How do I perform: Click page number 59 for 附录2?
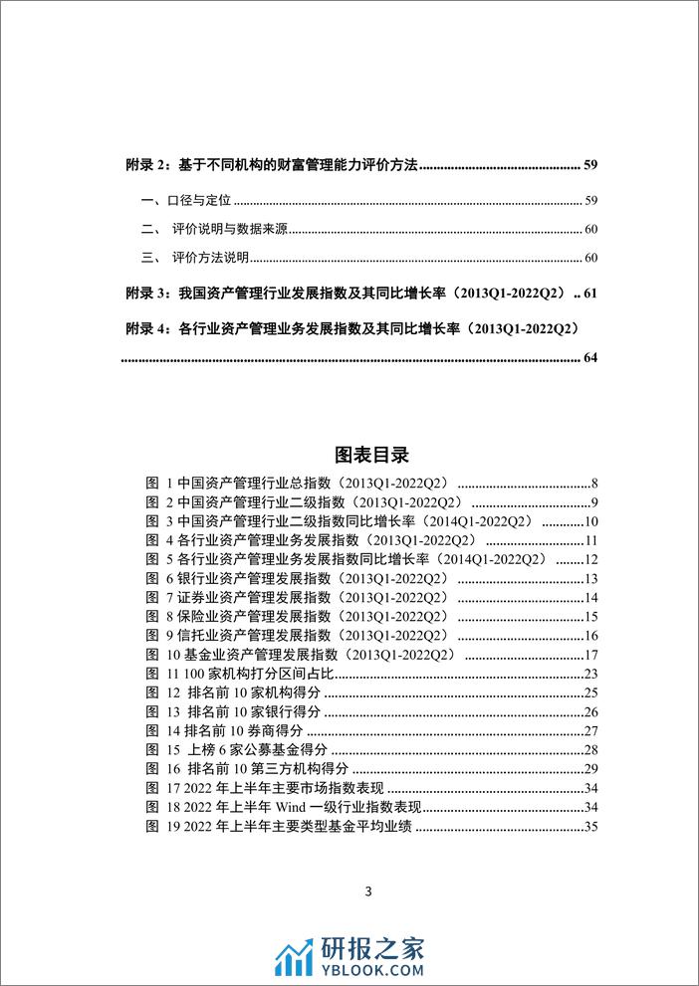pos(588,164)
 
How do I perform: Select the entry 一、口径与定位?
pos(186,200)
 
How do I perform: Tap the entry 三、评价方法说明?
pos(198,259)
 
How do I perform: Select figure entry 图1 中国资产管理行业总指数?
pos(300,483)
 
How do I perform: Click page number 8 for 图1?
pos(592,483)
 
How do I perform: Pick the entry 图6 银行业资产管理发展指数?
pos(300,579)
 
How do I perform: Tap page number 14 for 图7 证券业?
pos(589,598)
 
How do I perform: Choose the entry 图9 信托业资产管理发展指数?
pos(300,636)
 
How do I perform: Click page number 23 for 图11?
pos(589,674)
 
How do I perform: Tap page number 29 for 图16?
pos(589,768)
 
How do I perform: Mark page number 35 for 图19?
pos(589,826)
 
